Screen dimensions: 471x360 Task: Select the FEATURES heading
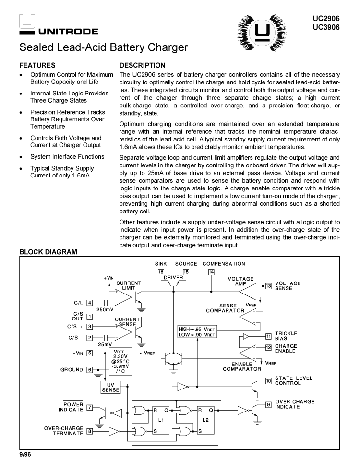point(37,65)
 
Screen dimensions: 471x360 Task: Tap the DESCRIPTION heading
point(142,65)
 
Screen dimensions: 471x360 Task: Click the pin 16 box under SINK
point(161,272)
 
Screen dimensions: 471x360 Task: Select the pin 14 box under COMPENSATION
point(211,272)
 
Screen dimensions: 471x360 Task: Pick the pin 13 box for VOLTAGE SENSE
point(268,286)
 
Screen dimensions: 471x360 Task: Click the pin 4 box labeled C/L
point(89,303)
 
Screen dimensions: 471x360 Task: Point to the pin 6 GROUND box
point(89,370)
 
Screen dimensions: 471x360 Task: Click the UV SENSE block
point(110,387)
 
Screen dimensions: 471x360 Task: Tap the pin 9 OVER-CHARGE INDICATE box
point(268,404)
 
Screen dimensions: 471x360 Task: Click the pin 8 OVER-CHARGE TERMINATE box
point(89,431)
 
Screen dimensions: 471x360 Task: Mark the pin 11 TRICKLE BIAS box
point(268,336)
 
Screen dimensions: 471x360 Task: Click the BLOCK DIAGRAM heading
point(48,252)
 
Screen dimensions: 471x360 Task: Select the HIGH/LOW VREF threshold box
point(197,331)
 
